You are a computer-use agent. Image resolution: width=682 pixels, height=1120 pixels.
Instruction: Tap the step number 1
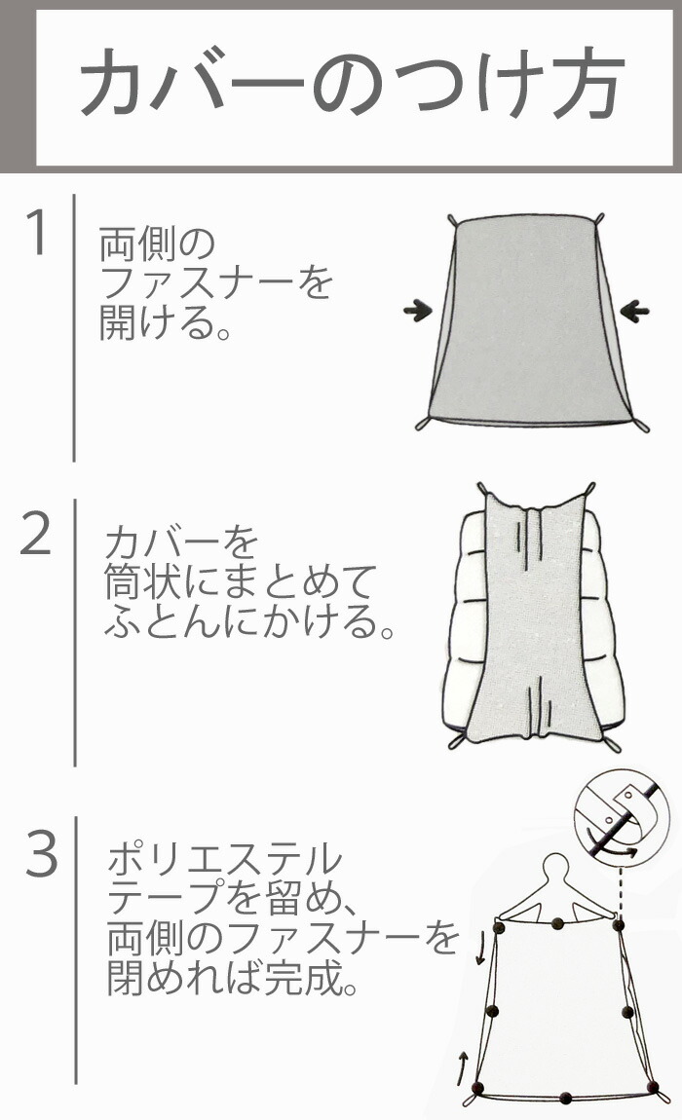(37, 232)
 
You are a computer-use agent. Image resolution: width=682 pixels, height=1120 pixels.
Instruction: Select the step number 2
(36, 534)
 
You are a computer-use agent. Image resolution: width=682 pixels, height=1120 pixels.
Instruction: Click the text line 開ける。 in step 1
(165, 322)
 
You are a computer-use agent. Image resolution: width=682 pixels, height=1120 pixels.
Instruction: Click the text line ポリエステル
(225, 859)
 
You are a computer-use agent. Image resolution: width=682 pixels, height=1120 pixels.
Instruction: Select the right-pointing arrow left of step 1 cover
(419, 310)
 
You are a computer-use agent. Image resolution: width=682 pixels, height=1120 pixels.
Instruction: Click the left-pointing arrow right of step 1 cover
(635, 311)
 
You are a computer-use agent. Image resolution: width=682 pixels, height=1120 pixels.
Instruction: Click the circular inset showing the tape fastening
(622, 816)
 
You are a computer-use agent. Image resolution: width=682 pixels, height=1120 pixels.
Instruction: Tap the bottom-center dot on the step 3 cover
(565, 1098)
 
